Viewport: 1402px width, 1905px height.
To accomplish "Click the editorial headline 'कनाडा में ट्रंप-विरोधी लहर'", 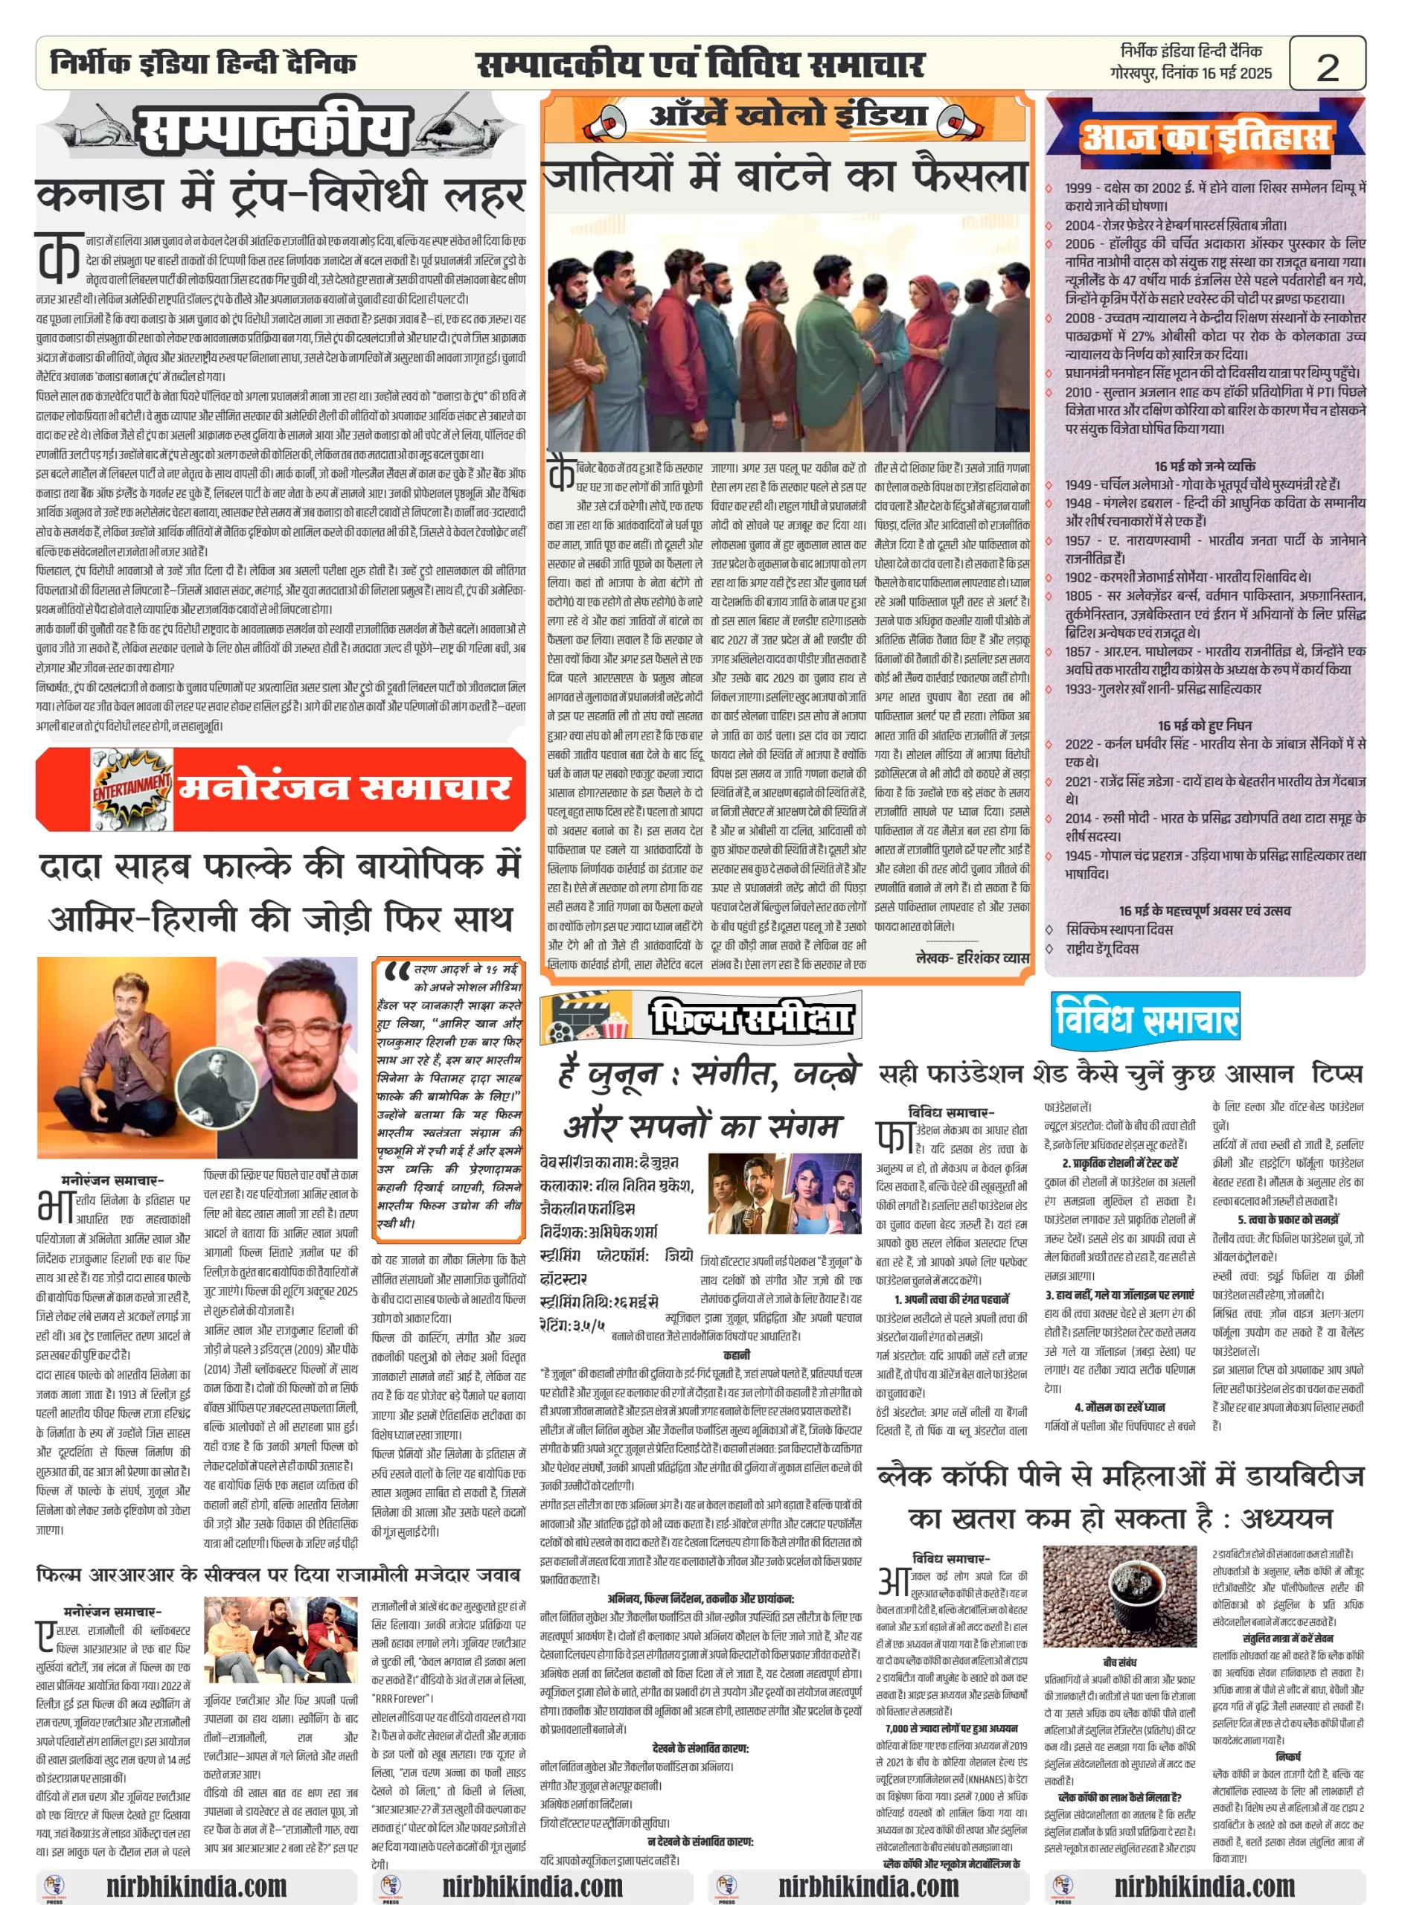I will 280,195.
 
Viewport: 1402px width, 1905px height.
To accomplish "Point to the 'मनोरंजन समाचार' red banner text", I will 344,788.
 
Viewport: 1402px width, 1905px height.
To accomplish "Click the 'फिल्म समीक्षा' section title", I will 752,1017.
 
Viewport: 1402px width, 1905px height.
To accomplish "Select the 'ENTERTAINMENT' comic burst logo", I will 132,789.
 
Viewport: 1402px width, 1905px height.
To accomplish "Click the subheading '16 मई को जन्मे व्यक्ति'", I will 1204,466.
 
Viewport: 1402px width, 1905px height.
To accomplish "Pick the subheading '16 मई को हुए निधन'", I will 1204,726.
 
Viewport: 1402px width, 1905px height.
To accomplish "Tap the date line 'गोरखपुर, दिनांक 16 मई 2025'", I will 1191,73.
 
